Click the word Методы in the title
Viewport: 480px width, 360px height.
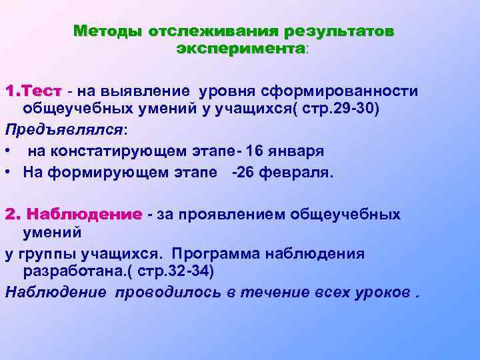point(108,31)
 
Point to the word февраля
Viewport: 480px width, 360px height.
point(295,173)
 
